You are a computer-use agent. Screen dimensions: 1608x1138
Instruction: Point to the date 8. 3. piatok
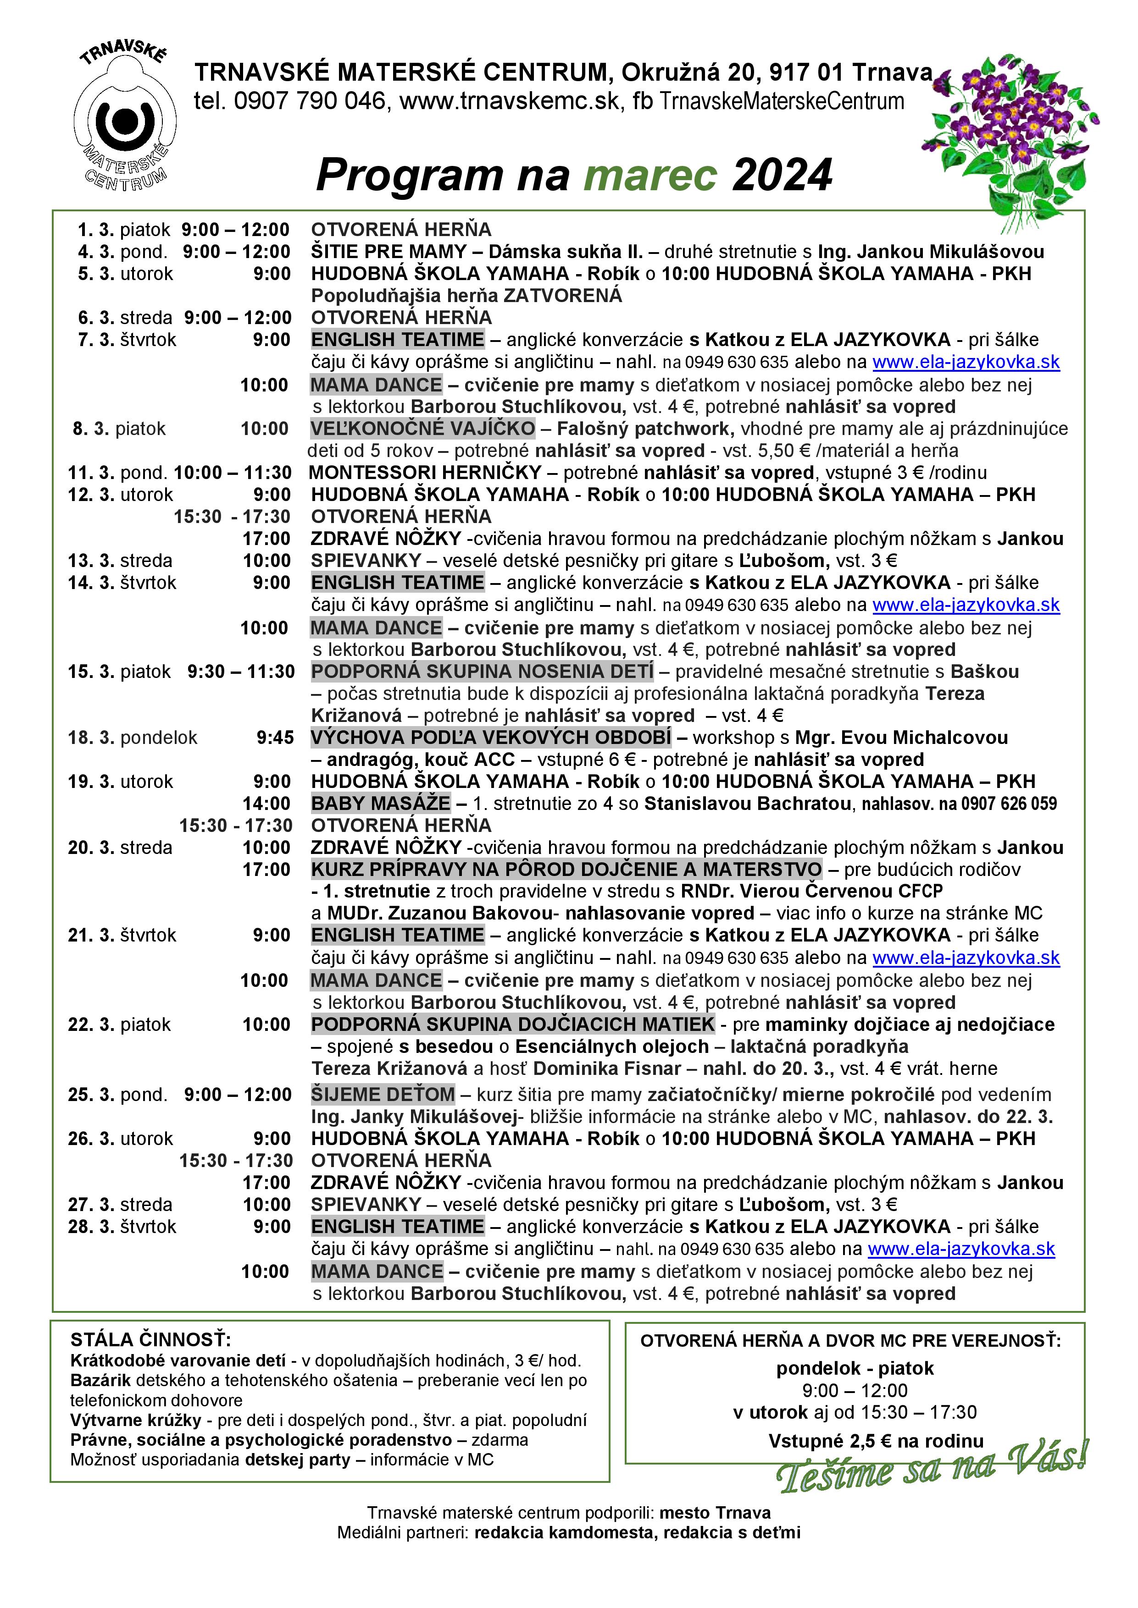[119, 429]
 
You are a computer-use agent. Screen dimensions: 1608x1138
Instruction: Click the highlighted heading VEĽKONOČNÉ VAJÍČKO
[422, 429]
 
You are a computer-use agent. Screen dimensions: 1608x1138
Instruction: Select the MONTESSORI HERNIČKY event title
[425, 473]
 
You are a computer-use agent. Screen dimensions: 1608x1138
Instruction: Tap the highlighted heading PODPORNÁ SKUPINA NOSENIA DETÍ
[482, 672]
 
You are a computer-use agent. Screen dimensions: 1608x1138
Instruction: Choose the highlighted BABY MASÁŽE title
[381, 803]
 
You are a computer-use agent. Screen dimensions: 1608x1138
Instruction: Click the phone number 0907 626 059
[1009, 804]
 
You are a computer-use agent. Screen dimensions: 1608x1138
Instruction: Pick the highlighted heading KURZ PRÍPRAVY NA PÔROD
[566, 870]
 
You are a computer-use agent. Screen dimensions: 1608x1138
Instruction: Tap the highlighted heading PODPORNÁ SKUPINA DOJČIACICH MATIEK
[513, 1024]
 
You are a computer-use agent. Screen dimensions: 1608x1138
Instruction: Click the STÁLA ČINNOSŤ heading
[150, 1340]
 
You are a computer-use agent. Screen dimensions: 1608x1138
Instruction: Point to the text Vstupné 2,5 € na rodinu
[876, 1441]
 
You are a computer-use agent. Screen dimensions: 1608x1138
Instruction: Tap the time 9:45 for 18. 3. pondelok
[275, 738]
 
